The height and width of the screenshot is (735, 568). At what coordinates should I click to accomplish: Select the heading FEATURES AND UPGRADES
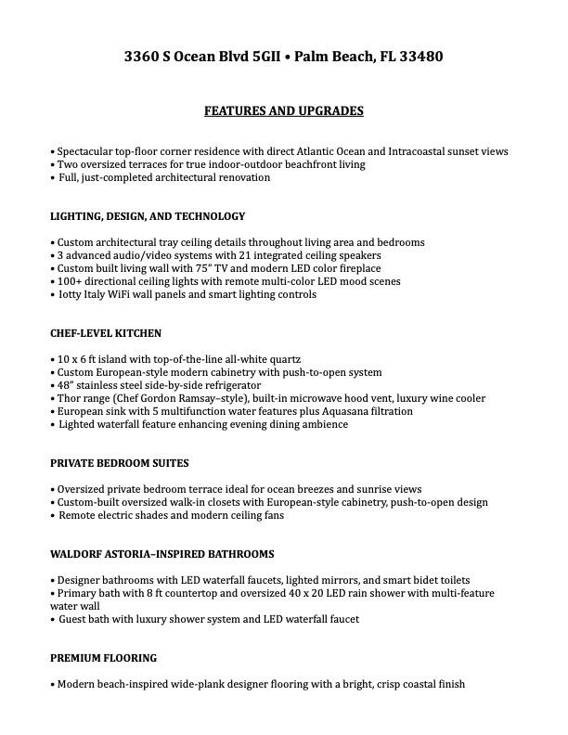point(284,111)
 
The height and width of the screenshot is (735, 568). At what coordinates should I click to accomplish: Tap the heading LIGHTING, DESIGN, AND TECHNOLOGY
point(148,216)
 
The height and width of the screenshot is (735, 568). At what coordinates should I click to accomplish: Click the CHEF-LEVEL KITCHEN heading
point(106,333)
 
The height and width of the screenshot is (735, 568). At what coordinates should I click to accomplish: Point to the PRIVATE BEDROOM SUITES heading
point(120,462)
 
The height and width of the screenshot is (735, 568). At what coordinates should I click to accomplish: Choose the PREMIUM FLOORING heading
point(103,658)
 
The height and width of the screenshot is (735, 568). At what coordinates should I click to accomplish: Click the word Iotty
point(72,294)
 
